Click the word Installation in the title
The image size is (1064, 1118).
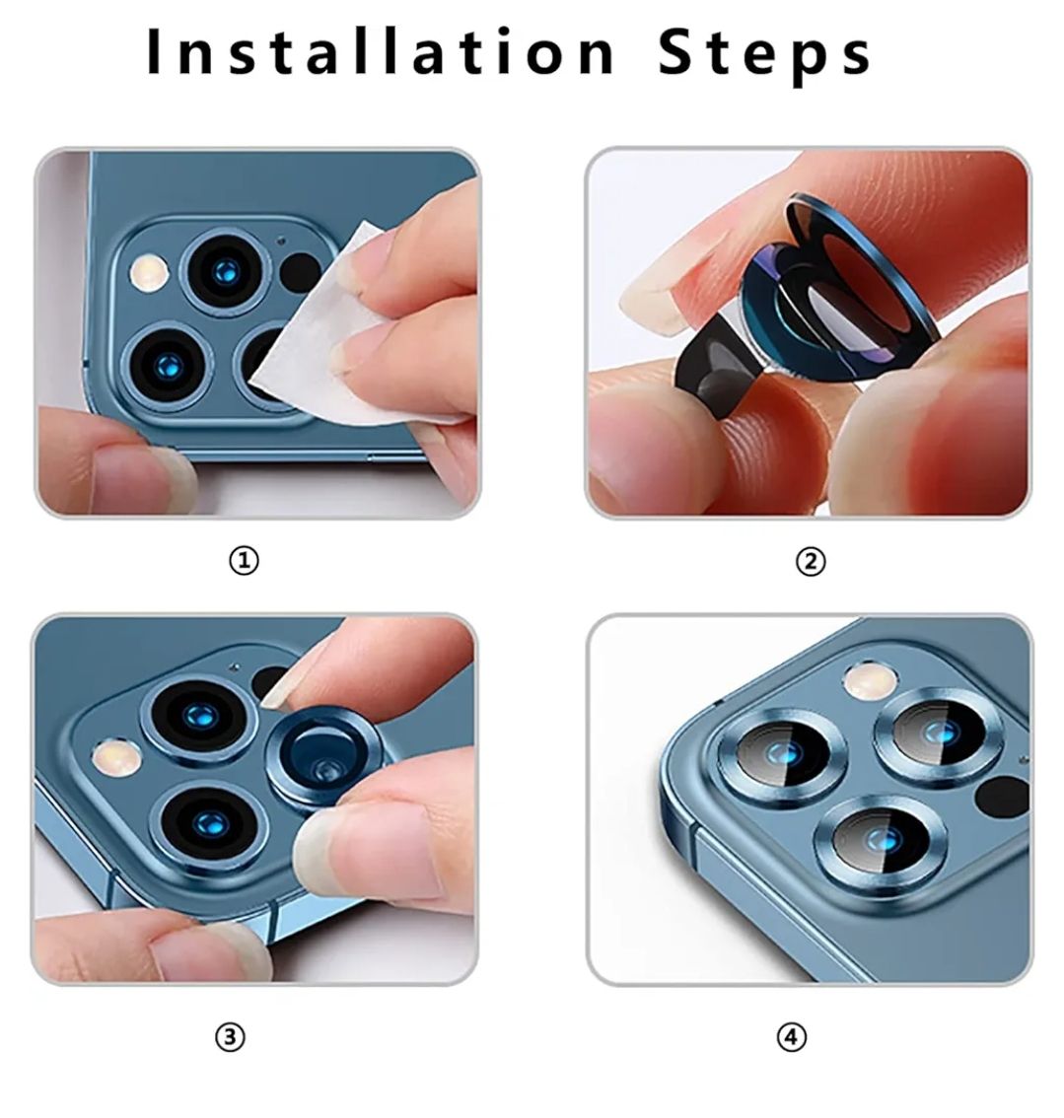tap(381, 52)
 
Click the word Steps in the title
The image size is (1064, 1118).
tap(764, 55)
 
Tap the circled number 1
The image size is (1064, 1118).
tap(244, 561)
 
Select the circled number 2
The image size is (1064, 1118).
tap(811, 562)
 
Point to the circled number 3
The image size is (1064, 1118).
tap(230, 1037)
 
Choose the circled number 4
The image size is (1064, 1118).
tap(792, 1037)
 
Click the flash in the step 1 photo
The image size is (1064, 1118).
tap(148, 272)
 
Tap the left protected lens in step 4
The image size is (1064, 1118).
tap(782, 753)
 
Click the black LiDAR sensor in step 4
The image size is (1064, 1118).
tap(1001, 797)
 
